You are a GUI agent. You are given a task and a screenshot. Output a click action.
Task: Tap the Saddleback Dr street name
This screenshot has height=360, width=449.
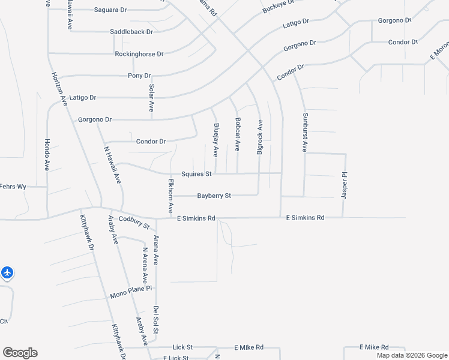click(131, 31)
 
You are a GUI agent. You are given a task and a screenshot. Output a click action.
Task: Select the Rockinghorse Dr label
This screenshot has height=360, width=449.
click(139, 54)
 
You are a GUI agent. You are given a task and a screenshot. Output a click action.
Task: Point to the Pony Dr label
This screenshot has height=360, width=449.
click(139, 76)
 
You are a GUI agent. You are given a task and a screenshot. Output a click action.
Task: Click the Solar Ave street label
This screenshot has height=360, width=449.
click(152, 97)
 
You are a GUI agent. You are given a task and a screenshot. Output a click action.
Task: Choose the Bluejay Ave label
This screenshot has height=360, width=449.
click(215, 140)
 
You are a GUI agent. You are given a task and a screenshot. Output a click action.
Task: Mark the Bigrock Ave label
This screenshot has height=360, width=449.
click(260, 137)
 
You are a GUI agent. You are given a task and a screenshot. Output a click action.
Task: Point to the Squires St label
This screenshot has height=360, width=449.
click(197, 174)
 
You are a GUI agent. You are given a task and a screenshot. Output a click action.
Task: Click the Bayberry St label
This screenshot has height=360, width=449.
click(214, 196)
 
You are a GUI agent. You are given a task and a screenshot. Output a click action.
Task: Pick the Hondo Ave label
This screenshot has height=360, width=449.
click(47, 155)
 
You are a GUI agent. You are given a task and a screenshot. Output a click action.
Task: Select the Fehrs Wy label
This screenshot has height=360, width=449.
click(13, 187)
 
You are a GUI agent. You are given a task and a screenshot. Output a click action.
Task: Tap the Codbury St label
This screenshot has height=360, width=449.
click(134, 223)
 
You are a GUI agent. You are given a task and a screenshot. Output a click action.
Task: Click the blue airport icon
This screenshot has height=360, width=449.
click(7, 273)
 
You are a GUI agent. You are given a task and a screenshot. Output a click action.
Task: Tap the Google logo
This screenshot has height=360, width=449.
click(20, 353)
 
